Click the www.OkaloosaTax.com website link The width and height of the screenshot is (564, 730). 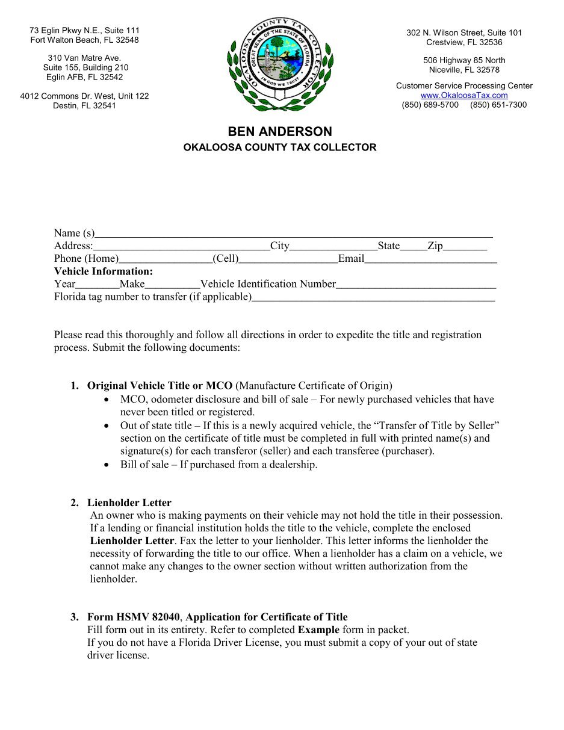click(463, 95)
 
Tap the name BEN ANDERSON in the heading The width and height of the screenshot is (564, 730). click(279, 132)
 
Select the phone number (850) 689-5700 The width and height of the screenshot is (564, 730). click(430, 105)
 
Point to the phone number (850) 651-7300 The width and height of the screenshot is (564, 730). click(498, 105)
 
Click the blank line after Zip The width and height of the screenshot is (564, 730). click(465, 247)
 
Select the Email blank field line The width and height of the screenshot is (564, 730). click(430, 260)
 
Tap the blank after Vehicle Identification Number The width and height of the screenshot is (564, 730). click(416, 285)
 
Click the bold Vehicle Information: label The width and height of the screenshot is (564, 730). click(104, 271)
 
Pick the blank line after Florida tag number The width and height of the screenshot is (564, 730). click(373, 298)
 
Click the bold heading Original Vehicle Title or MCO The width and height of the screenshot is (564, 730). click(160, 386)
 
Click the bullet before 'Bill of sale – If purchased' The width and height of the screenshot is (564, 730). click(107, 465)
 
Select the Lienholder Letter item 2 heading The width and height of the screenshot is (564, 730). click(129, 503)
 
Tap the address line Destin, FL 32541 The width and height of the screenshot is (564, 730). click(84, 106)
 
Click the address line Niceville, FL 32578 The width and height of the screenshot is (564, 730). click(464, 70)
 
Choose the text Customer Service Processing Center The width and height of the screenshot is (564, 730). click(464, 86)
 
